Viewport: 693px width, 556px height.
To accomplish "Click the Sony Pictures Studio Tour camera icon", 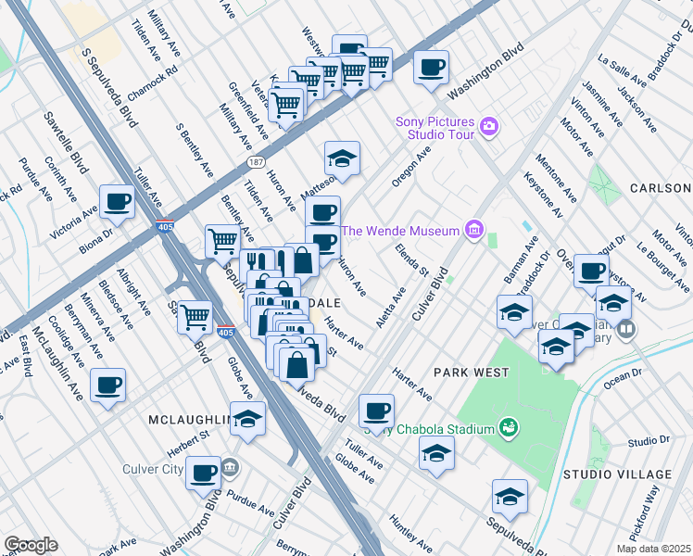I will tap(489, 126).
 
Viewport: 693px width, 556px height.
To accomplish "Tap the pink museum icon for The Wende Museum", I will tap(474, 229).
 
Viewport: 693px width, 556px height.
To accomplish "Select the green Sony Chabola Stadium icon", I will tap(507, 427).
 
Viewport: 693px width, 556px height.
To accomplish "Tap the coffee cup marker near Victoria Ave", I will tap(118, 202).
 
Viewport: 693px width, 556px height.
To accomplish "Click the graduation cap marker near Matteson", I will tap(342, 159).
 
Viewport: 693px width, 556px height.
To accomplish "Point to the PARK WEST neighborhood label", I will tap(472, 373).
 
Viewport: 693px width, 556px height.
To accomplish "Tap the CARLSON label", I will tap(660, 188).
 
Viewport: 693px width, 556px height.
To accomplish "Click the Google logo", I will tap(31, 544).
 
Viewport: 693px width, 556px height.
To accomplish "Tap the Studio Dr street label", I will tap(648, 440).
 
